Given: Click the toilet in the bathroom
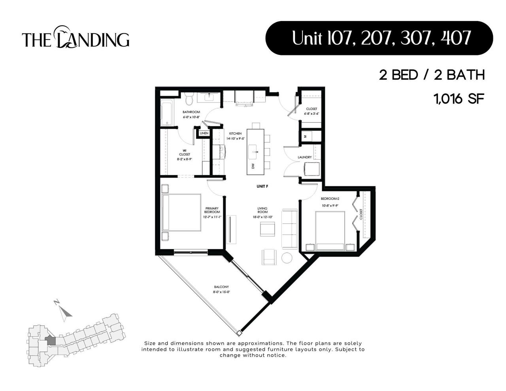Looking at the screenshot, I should (189, 99).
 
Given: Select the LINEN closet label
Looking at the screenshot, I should (204, 133).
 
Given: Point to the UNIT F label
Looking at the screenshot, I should (262, 186).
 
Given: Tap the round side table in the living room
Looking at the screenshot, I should (287, 257).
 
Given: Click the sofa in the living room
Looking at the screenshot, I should (289, 229).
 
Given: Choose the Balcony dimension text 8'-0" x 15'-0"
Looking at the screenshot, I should (221, 292).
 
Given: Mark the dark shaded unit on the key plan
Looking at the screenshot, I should (50, 340).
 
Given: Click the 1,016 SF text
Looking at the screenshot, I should (459, 98).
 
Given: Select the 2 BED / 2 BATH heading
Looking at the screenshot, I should (432, 75).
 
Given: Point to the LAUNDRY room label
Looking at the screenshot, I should (305, 157).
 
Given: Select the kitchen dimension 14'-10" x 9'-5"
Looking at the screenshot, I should (235, 139).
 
